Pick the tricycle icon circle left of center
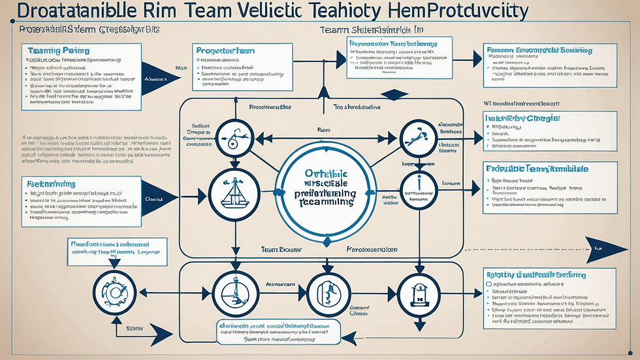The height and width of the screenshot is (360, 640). (234, 138)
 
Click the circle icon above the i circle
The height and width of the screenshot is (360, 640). (417, 138)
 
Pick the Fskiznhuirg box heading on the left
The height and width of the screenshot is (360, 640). (52, 185)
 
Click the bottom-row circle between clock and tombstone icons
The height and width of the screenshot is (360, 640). (325, 290)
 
